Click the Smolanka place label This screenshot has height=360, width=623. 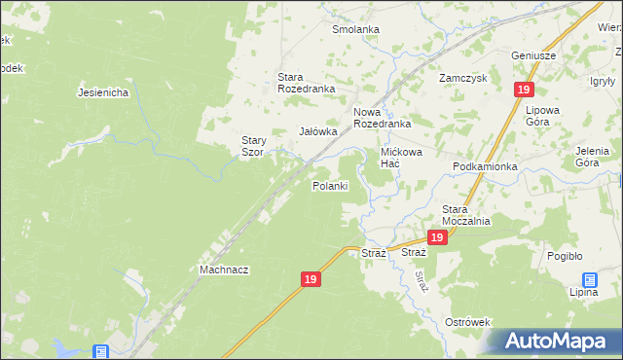tap(355, 29)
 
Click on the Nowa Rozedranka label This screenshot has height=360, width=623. tap(382, 118)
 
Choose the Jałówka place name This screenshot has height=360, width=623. tap(317, 131)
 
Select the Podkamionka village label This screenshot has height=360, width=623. tap(485, 166)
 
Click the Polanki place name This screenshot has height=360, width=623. tap(330, 186)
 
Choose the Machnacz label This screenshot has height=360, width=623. tap(224, 270)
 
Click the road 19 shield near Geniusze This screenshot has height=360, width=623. tap(524, 90)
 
